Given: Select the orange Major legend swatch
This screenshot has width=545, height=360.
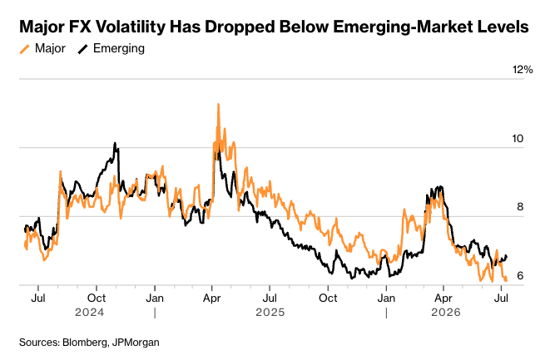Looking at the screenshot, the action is (x=25, y=48).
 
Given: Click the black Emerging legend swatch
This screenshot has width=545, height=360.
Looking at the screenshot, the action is (x=82, y=48).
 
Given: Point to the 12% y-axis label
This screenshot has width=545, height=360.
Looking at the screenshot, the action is (x=523, y=70).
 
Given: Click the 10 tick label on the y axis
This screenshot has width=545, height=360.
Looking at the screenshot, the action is (x=518, y=139).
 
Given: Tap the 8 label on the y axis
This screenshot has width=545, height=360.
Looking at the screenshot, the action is (x=520, y=207).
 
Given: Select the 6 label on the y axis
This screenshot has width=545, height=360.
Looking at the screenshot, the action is (x=520, y=276).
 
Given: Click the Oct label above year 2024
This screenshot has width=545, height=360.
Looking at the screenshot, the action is (x=97, y=298).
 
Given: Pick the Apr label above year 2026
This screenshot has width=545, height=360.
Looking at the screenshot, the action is (x=443, y=298).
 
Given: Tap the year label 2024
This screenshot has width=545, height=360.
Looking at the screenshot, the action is (x=89, y=313).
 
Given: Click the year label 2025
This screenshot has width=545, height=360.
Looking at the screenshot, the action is (x=270, y=313).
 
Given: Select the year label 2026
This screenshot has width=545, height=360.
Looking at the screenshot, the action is (x=446, y=313).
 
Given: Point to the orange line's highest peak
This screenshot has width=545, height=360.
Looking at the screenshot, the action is (x=218, y=104).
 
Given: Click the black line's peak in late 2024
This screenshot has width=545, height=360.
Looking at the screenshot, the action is (x=115, y=143).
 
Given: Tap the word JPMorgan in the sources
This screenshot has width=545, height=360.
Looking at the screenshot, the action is (x=136, y=343).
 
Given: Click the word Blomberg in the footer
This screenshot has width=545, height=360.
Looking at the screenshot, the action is (x=86, y=343).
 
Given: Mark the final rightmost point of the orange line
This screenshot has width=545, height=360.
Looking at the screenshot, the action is (x=507, y=280).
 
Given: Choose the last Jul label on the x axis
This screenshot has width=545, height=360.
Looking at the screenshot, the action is (x=501, y=298).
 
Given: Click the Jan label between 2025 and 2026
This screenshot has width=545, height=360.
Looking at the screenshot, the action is (x=386, y=298).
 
